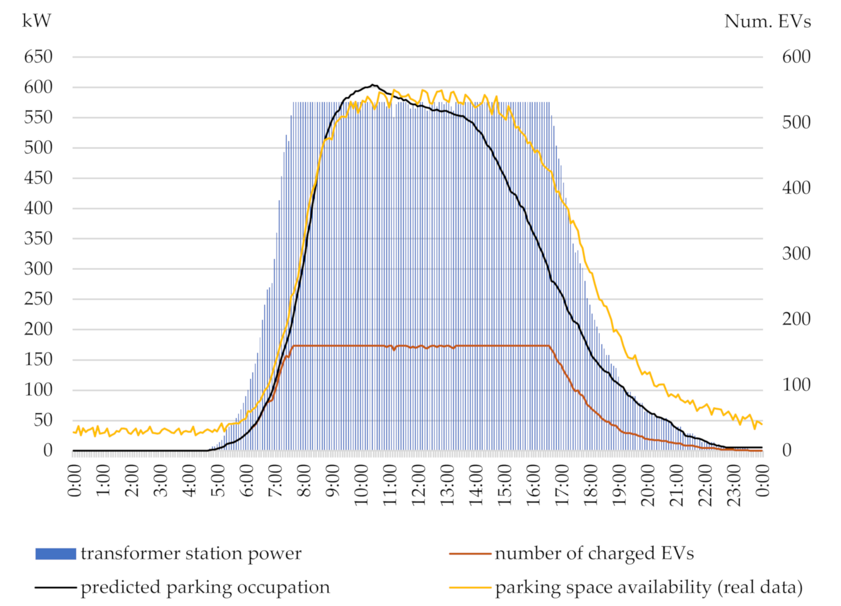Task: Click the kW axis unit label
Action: (x=36, y=21)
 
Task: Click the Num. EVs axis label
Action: (x=767, y=21)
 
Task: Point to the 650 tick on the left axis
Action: (x=38, y=57)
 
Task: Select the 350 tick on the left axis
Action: (x=38, y=238)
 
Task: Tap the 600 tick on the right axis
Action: (x=796, y=57)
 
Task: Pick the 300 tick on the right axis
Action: (x=796, y=254)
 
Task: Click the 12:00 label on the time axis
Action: (x=419, y=485)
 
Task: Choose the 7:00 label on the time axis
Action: (x=275, y=481)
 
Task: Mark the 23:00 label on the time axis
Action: (x=734, y=485)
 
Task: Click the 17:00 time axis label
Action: (x=562, y=485)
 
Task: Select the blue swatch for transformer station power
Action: (x=56, y=554)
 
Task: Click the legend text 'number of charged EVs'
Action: (x=594, y=553)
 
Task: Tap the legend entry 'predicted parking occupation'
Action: (x=205, y=587)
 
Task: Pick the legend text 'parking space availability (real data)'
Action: (x=649, y=587)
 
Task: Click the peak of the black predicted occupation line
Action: (x=373, y=85)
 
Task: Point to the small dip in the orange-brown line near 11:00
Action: (x=394, y=350)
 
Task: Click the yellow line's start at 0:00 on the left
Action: (x=74, y=432)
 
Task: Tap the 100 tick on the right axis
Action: (x=796, y=385)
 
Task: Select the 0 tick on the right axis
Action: (x=787, y=450)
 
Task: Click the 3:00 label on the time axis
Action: (x=161, y=481)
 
